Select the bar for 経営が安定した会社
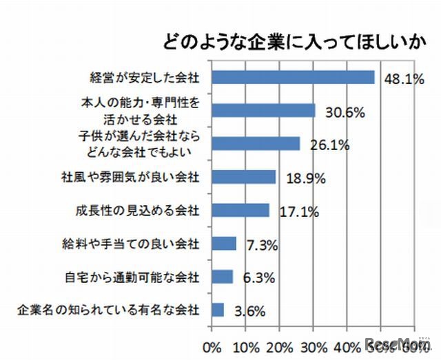tap(294, 77)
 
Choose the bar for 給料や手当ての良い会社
tap(225, 243)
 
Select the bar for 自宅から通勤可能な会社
tap(223, 277)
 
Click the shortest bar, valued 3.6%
tap(218, 310)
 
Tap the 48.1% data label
tap(403, 79)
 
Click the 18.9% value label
tap(302, 179)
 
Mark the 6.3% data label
tap(256, 279)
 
